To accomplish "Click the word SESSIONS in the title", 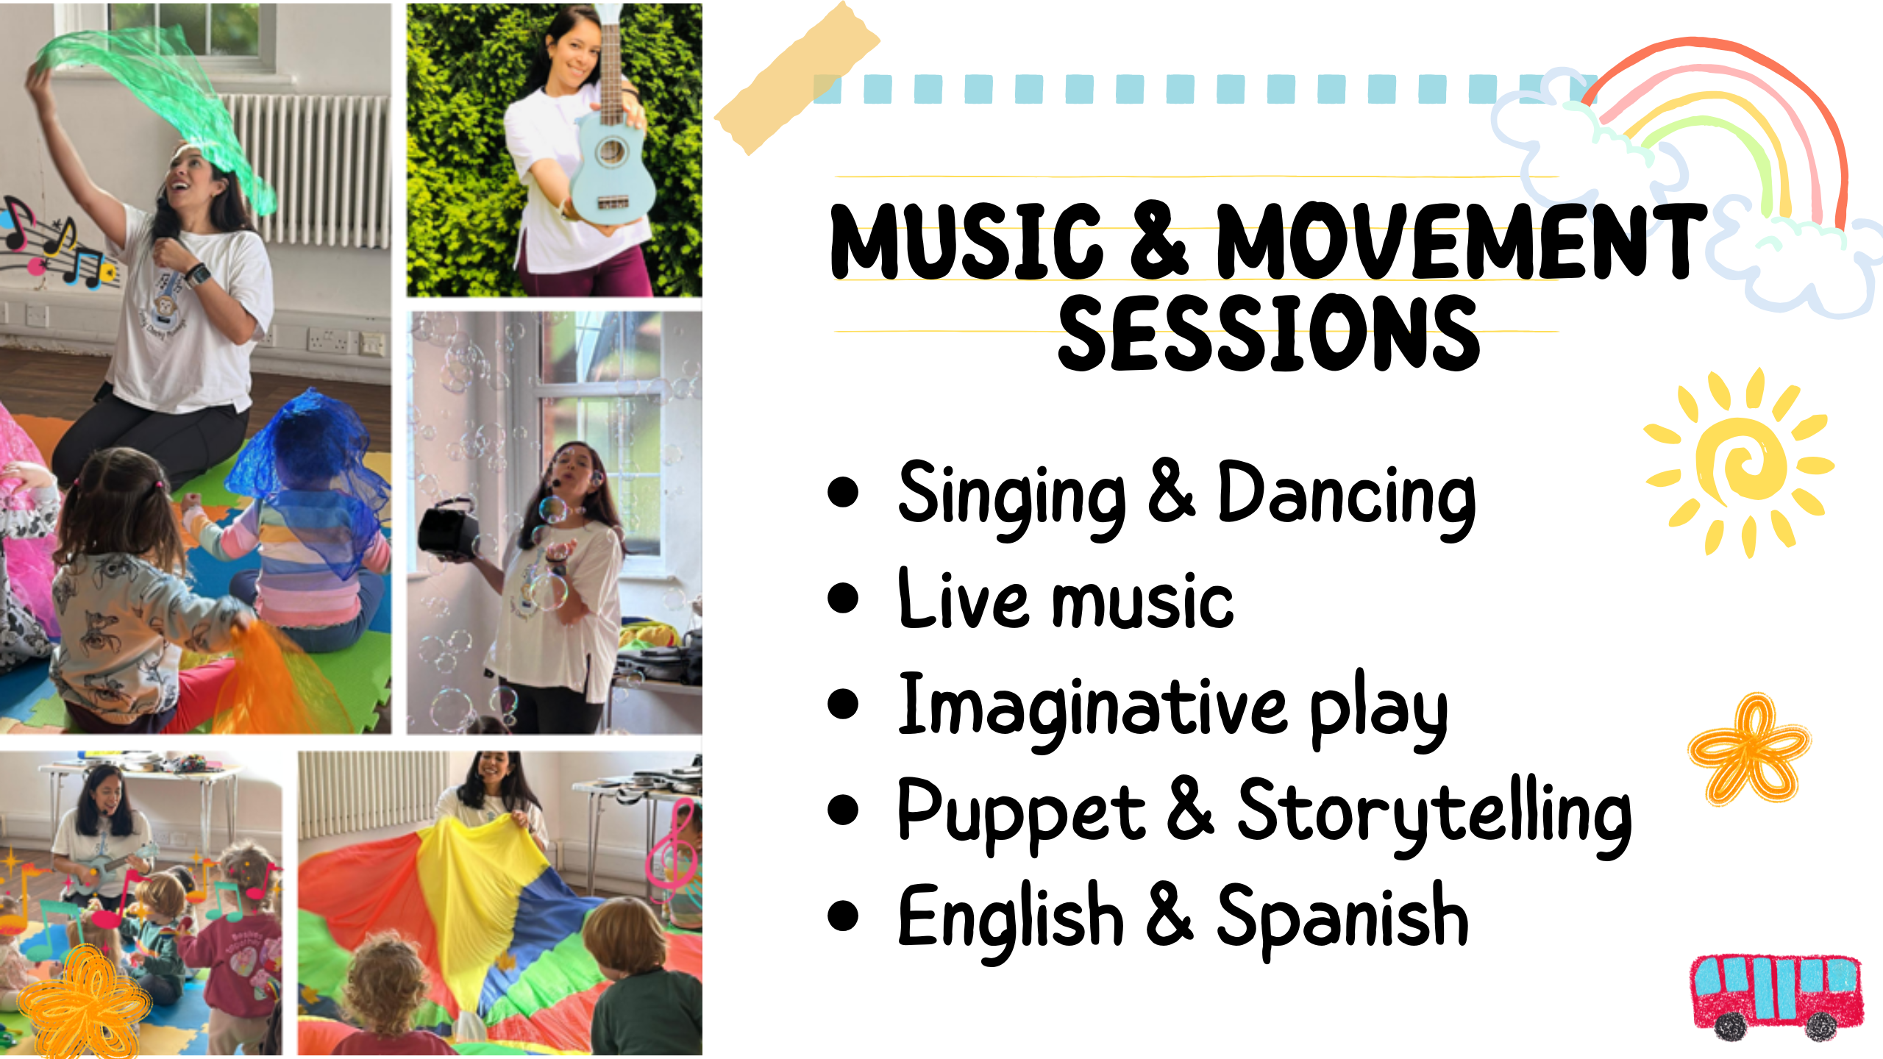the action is coord(1269,332).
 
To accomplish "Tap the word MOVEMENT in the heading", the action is coord(1462,241).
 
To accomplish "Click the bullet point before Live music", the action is coord(843,598).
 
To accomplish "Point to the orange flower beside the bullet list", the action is coord(1749,749).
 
